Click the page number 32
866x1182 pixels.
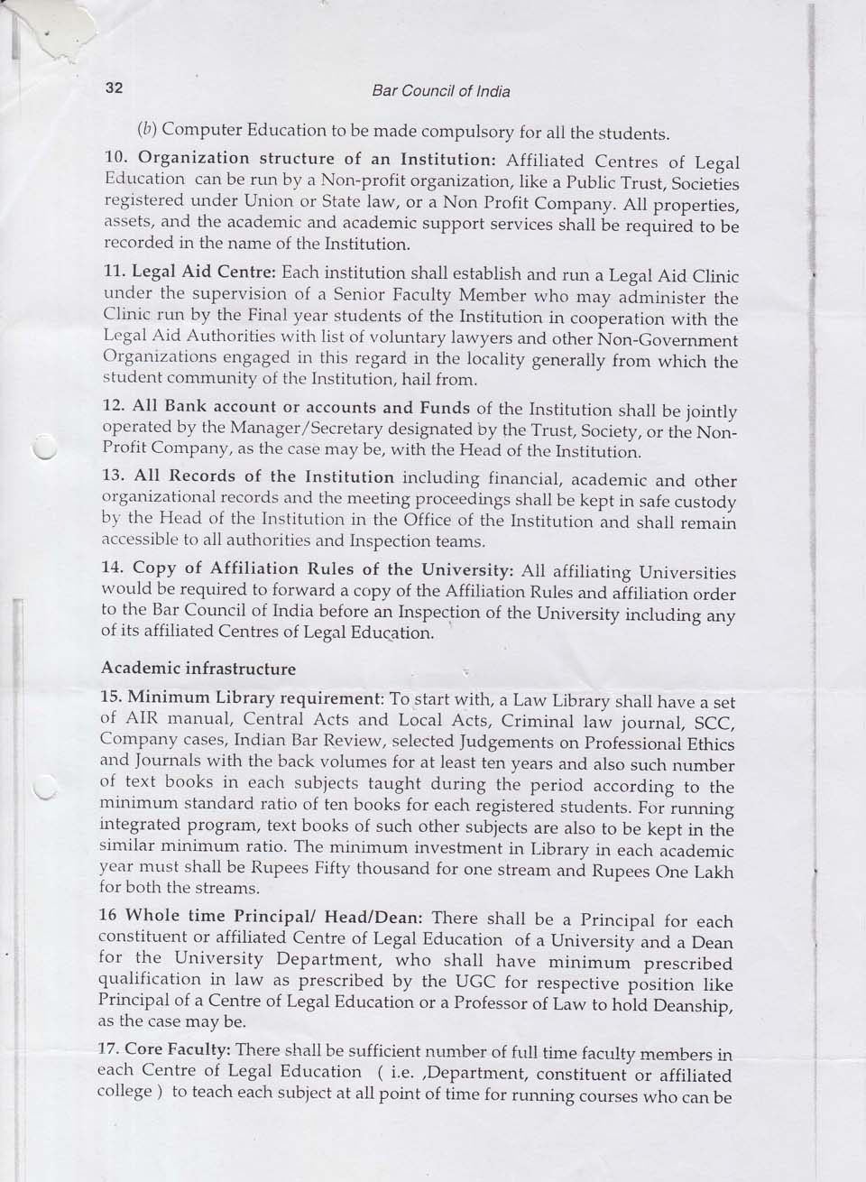point(114,88)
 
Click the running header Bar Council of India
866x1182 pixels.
point(441,91)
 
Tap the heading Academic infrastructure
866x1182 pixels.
point(198,669)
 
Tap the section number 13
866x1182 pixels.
point(116,476)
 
